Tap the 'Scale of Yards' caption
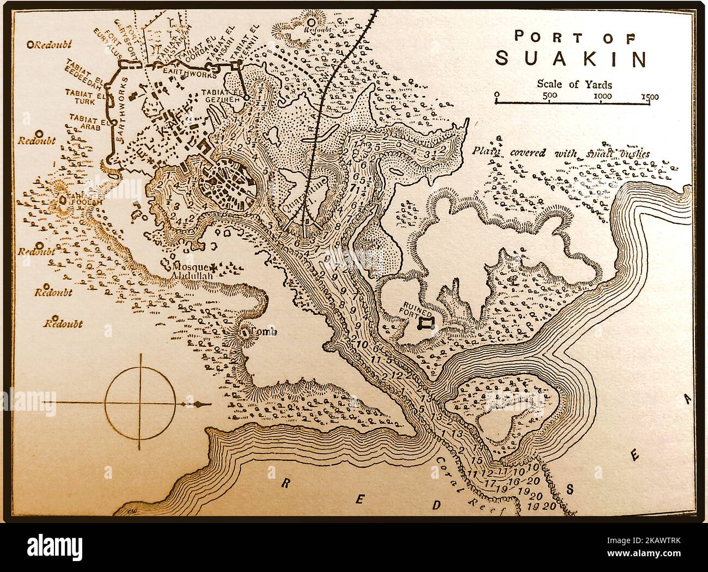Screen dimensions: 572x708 pyautogui.click(x=574, y=84)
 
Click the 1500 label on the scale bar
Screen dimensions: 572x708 pyautogui.click(x=649, y=97)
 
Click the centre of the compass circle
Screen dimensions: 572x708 pyautogui.click(x=141, y=403)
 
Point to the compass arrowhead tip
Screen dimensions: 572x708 pyautogui.click(x=208, y=404)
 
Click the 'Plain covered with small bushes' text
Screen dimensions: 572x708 pyautogui.click(x=561, y=153)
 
